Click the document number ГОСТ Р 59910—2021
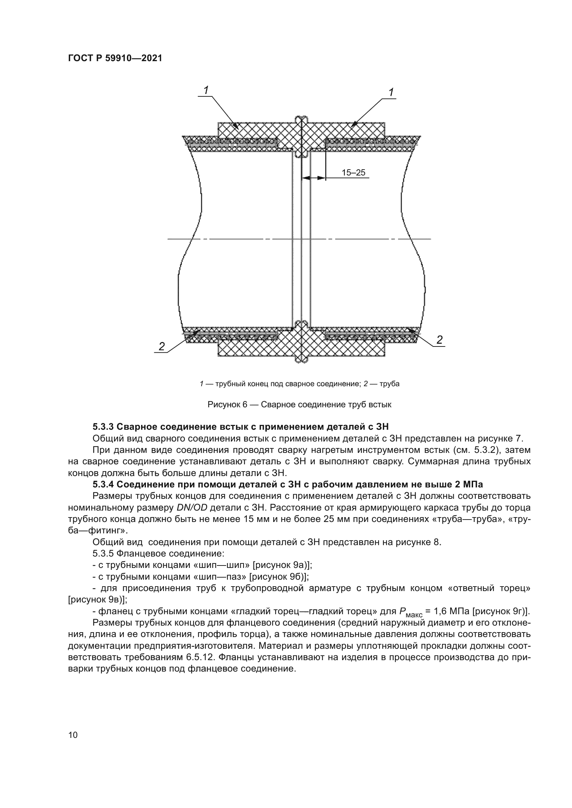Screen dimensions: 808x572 pyautogui.click(x=115, y=58)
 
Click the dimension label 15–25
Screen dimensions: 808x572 pyautogui.click(x=353, y=172)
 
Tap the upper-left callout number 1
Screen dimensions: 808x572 pyautogui.click(x=206, y=90)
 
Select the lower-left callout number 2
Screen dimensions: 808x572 pyautogui.click(x=162, y=346)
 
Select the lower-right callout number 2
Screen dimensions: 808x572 pyautogui.click(x=439, y=340)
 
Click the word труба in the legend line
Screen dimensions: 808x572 pyautogui.click(x=390, y=384)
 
